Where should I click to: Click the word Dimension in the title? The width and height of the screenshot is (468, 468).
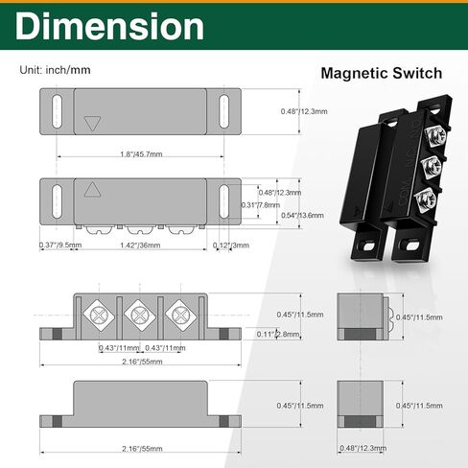pyautogui.click(x=110, y=27)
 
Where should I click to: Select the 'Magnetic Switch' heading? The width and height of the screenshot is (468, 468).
pyautogui.click(x=381, y=72)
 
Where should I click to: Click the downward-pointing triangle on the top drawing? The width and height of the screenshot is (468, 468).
pyautogui.click(x=93, y=123)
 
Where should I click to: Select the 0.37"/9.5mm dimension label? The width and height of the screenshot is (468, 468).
pyautogui.click(x=61, y=246)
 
